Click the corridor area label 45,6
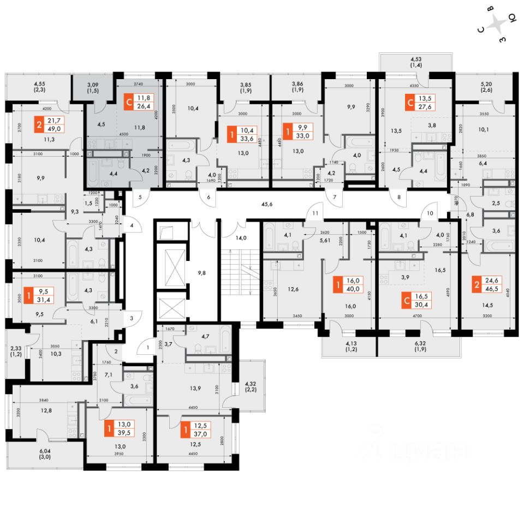[x=267, y=205]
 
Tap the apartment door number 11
[x=315, y=213]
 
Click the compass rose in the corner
[x=498, y=23]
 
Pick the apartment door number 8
[x=399, y=198]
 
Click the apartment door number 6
[x=209, y=198]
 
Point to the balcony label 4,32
[x=252, y=384]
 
